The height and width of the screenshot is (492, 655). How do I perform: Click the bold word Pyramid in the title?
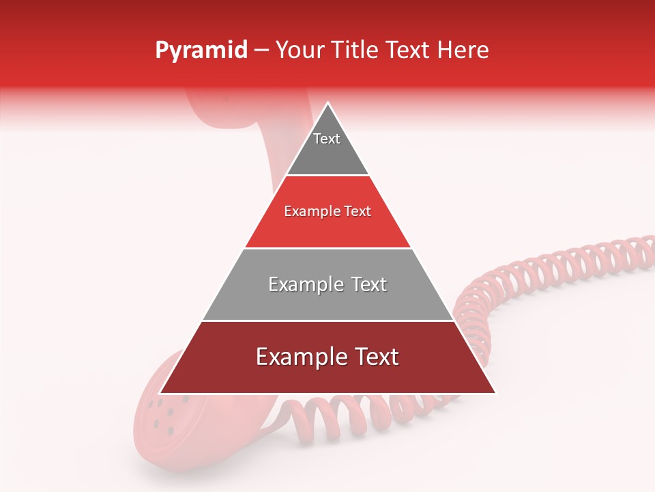click(x=201, y=51)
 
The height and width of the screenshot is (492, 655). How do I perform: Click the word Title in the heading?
click(x=356, y=51)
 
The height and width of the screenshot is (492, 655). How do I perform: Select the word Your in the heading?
click(x=301, y=51)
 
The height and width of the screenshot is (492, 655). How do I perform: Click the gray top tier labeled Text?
click(x=327, y=147)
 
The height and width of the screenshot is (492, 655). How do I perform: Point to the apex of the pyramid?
click(x=328, y=104)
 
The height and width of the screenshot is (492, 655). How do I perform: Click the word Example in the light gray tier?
click(x=304, y=284)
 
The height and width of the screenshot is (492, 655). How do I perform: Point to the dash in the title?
click(x=261, y=51)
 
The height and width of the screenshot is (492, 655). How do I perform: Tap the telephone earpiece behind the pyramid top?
click(x=218, y=109)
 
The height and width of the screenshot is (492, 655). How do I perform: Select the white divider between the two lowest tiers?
click(x=327, y=320)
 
